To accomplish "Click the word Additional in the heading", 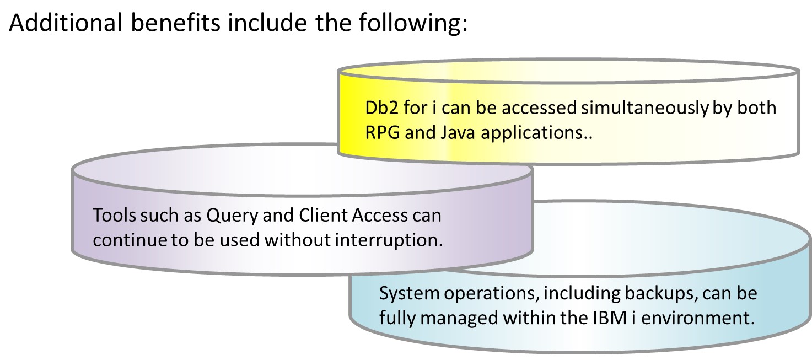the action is coord(65,23).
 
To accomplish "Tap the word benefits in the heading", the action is coord(175,23).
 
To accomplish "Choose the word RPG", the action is coord(383,132).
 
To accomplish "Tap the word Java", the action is coord(458,132).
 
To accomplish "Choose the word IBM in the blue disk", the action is coord(610,318).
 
